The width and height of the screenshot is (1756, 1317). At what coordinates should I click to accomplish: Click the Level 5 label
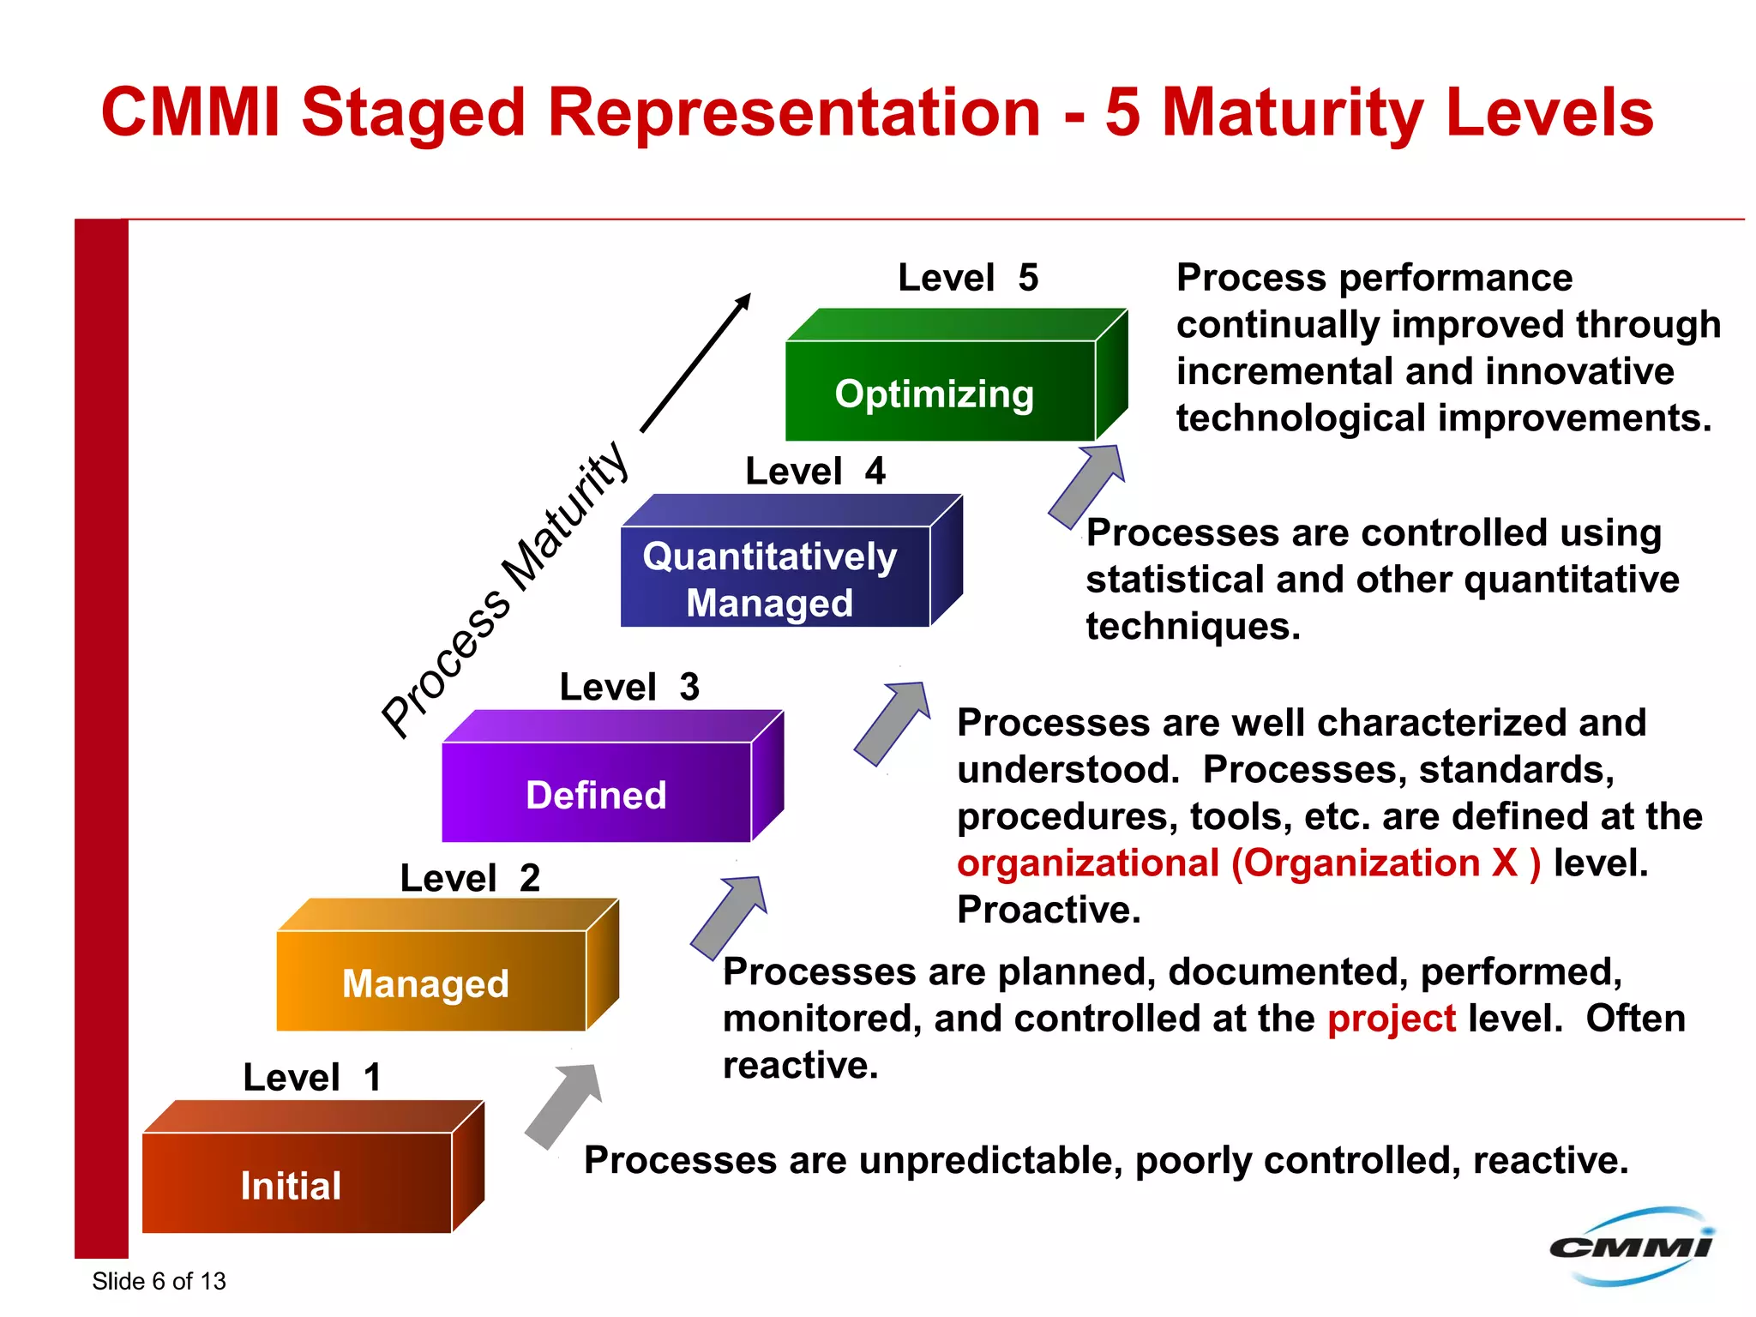tap(967, 278)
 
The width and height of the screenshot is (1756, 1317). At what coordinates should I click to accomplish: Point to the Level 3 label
tap(629, 687)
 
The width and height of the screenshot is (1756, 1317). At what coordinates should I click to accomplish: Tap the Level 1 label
tap(311, 1077)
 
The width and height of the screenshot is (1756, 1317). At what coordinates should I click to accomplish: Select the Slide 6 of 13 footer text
tap(159, 1281)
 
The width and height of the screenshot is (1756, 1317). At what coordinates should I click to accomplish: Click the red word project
tap(1391, 1019)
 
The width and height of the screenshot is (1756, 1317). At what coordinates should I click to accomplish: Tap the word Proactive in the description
tap(1048, 910)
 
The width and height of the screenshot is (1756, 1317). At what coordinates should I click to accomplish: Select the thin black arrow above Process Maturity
tap(695, 364)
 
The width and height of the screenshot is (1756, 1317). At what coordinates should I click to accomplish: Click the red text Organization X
tap(1386, 863)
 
